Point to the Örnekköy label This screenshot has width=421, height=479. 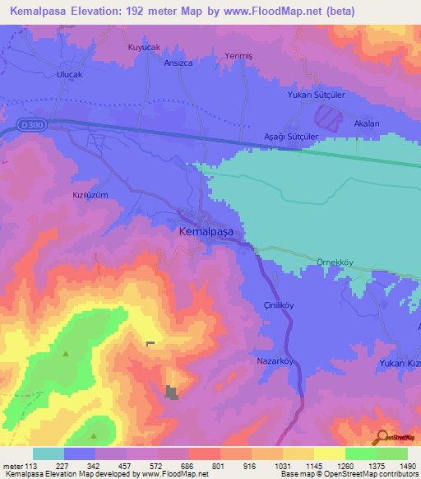[335, 262]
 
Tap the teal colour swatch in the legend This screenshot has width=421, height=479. [48, 453]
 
